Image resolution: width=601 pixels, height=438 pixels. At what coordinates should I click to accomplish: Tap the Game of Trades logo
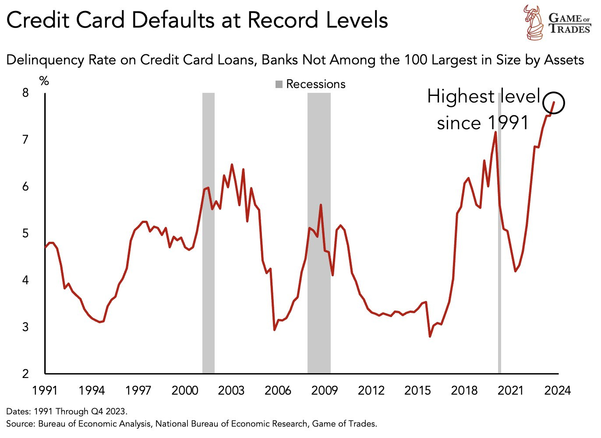coord(556,22)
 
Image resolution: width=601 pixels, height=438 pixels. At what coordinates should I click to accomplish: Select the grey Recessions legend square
coord(279,84)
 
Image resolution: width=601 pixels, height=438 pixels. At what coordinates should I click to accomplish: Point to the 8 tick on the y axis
coord(26,92)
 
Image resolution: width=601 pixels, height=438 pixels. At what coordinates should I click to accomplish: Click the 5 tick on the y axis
coord(26,233)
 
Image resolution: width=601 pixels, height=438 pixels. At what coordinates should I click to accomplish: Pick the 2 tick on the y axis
coord(26,374)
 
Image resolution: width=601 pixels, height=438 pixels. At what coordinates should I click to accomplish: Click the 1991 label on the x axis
coord(46,390)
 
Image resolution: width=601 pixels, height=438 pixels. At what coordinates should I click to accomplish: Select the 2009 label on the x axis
coord(324,390)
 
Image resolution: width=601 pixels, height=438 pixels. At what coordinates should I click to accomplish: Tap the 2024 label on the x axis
coord(557,390)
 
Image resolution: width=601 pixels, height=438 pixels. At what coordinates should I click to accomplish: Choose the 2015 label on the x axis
coord(417,390)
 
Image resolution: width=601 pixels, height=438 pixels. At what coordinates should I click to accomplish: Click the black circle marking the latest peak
coord(553,103)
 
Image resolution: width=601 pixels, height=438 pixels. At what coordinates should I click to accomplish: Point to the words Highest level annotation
coord(484,96)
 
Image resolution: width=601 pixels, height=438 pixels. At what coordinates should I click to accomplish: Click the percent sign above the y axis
coord(44,81)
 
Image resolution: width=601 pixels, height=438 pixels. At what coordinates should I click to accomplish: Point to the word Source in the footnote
coord(20,424)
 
